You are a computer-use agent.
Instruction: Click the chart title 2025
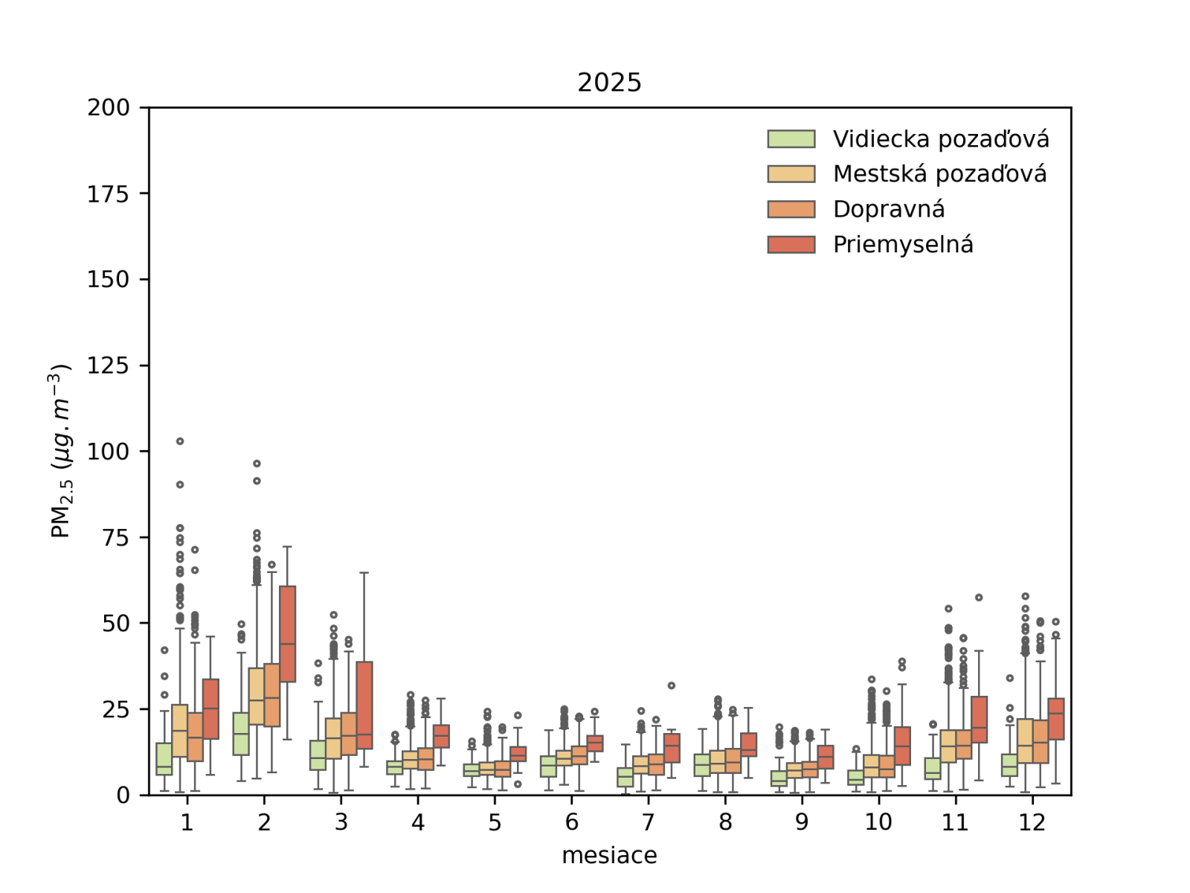tap(609, 82)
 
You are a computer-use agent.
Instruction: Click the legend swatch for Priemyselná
tap(791, 244)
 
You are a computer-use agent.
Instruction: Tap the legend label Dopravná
tap(889, 209)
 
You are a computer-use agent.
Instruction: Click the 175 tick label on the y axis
tap(109, 194)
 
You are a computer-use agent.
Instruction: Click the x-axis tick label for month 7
tap(649, 822)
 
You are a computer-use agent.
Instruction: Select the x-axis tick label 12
tap(1032, 822)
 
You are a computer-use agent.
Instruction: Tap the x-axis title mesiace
tap(609, 856)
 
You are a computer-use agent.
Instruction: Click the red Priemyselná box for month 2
tap(288, 633)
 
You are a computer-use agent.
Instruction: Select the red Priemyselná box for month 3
tap(364, 705)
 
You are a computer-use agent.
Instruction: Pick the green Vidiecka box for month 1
tap(164, 759)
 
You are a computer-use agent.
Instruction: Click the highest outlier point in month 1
tap(180, 441)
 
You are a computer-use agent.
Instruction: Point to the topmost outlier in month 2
tap(257, 464)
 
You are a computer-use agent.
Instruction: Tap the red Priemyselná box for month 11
tap(979, 719)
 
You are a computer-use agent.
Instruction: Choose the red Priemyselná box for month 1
tap(211, 708)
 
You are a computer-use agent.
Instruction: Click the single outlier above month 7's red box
tap(672, 685)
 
